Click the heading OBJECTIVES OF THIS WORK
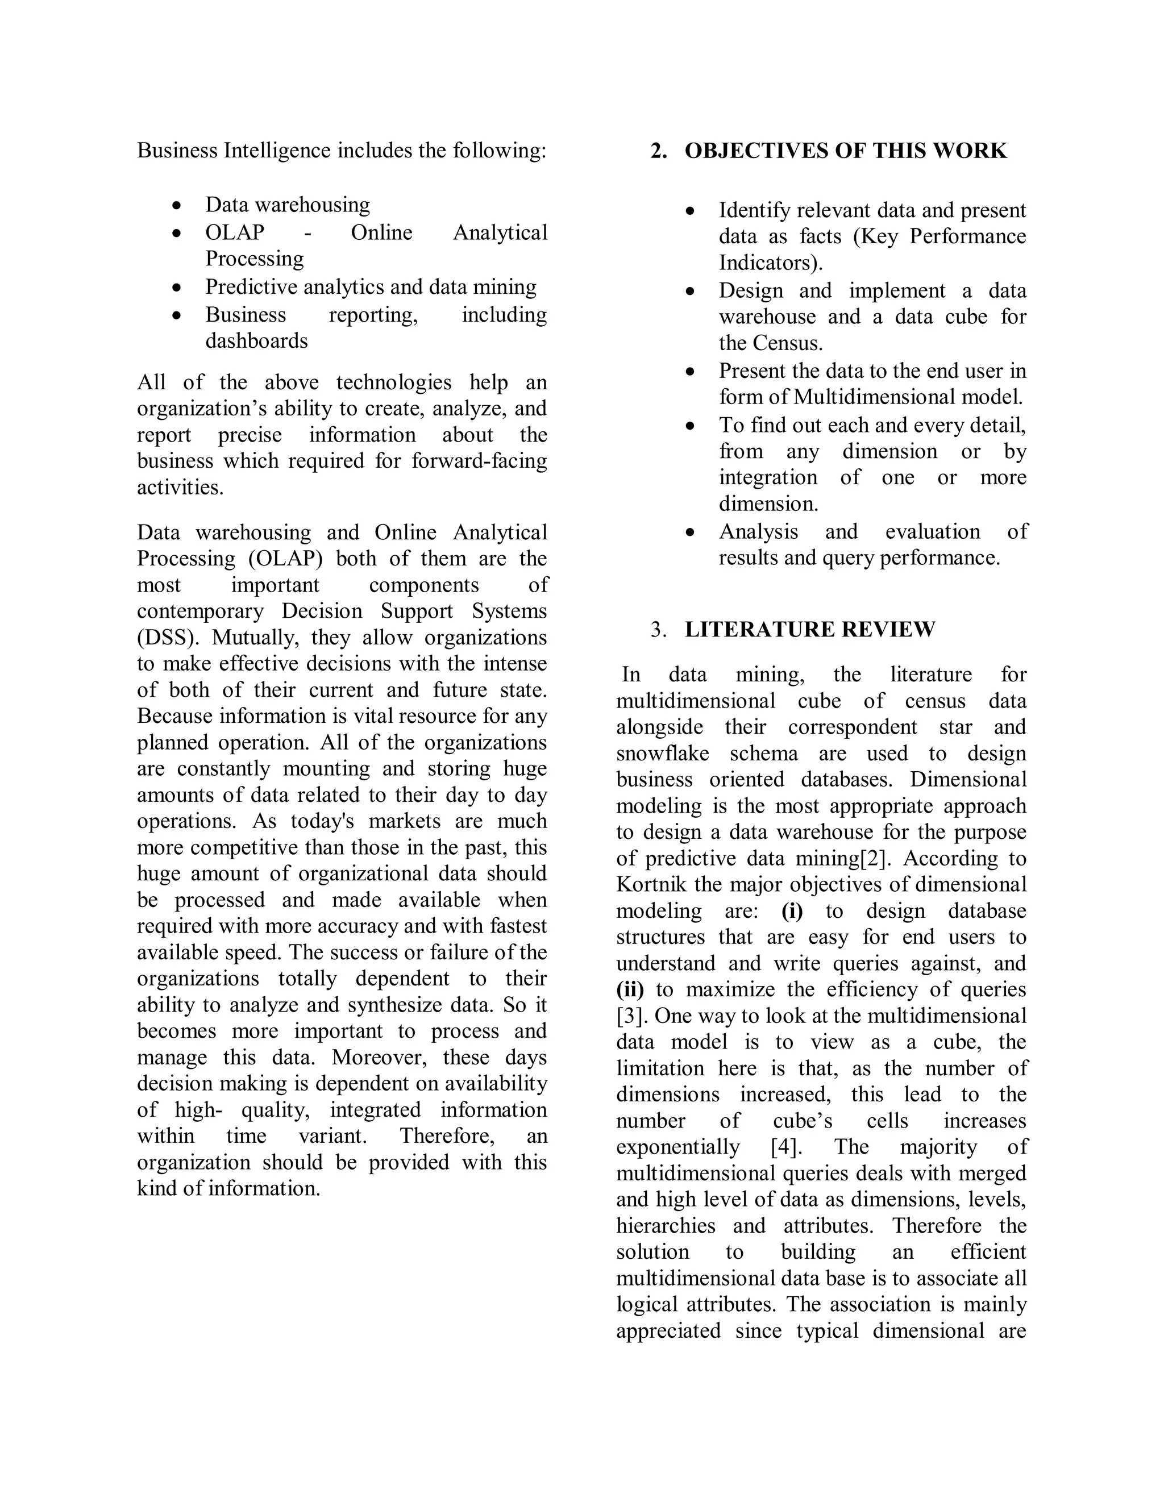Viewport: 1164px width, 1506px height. point(845,151)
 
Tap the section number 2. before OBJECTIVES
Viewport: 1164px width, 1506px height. point(659,151)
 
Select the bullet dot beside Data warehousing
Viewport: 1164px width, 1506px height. point(178,206)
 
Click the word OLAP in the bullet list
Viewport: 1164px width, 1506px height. point(235,232)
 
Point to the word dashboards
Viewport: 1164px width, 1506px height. point(256,340)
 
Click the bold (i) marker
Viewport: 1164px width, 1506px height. point(792,911)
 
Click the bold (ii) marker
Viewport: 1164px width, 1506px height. point(630,989)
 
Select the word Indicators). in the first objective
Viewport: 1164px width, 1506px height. point(771,263)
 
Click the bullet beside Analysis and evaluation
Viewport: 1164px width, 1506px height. point(690,532)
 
